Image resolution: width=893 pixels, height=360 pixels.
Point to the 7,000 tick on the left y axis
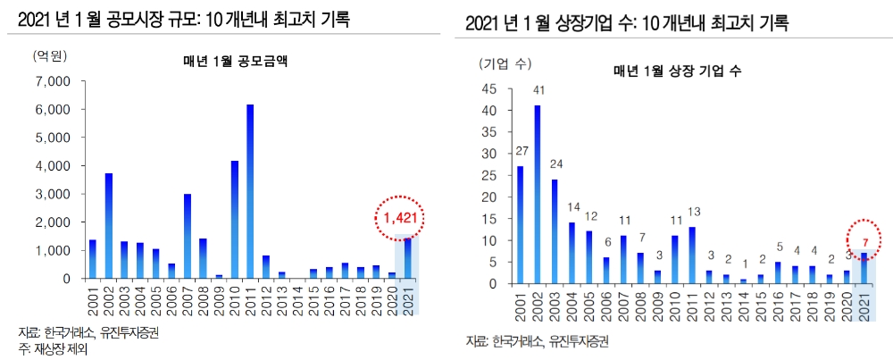(53, 81)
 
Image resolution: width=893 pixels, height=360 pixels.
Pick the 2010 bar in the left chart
(234, 220)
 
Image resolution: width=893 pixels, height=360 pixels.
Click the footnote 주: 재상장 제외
(53, 349)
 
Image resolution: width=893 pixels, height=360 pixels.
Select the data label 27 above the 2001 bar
(521, 150)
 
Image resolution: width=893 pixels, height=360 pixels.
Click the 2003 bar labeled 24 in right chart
(553, 231)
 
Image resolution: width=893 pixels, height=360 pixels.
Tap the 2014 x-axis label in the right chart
(745, 304)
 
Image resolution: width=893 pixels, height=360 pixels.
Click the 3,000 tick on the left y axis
(53, 194)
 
